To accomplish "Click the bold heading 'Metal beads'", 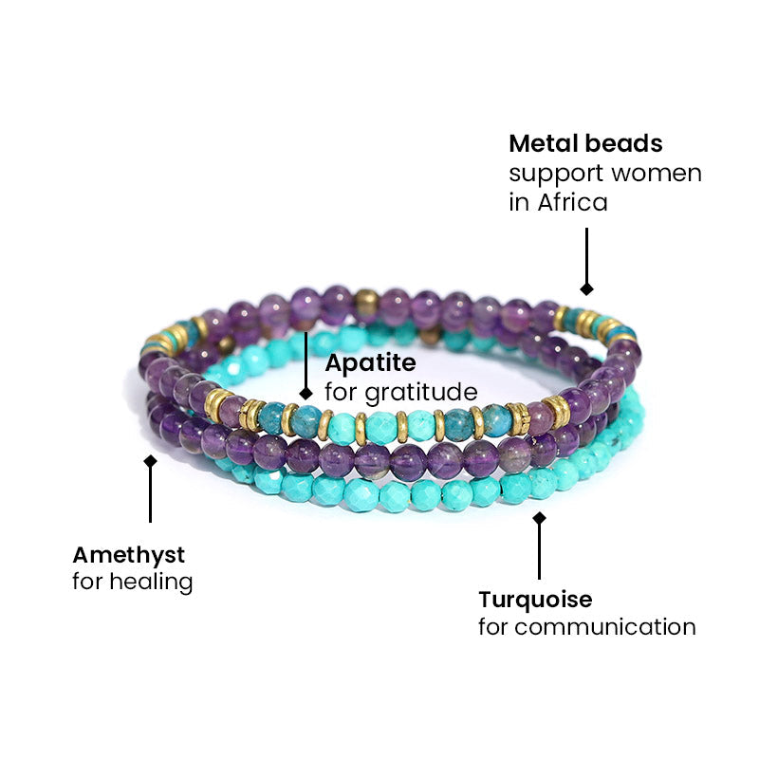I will [x=585, y=143].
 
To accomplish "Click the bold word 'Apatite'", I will [x=370, y=362].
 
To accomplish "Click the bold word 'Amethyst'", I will [x=128, y=553].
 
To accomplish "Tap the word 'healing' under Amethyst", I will [x=151, y=582].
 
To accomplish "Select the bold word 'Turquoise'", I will [x=535, y=600].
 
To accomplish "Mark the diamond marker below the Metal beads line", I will [x=586, y=288].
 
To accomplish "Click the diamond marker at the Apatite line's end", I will [x=305, y=392].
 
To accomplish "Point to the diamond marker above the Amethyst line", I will [x=150, y=461].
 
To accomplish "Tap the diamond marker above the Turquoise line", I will [x=539, y=518].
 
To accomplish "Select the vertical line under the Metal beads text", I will [x=586, y=254].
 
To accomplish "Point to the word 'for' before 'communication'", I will [x=493, y=627].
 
